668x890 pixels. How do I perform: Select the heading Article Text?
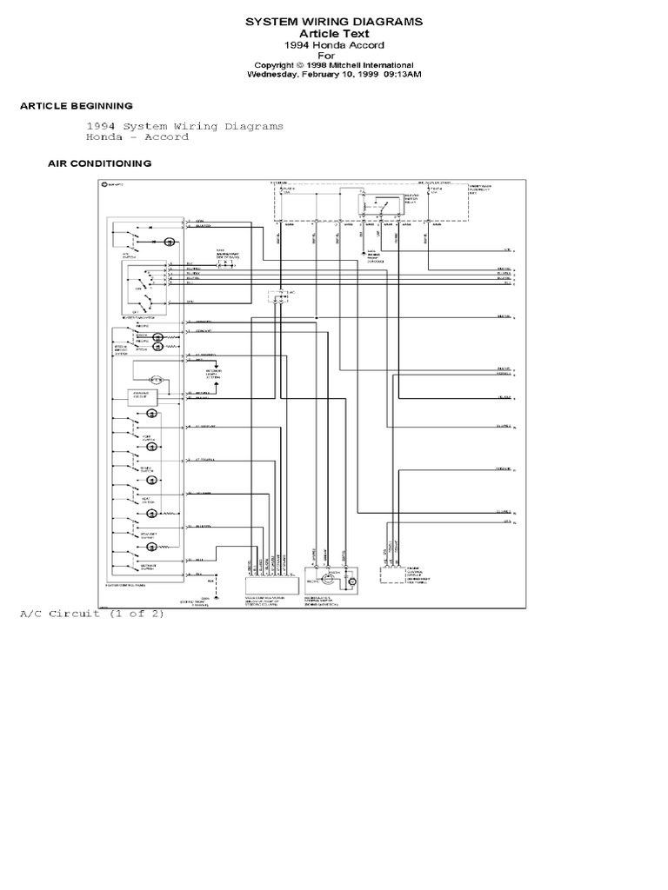[x=334, y=33]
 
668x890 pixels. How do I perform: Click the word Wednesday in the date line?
[x=276, y=75]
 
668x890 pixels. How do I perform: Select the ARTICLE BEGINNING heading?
[x=77, y=105]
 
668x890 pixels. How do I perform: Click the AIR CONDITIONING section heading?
[x=99, y=163]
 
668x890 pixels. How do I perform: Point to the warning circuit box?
[x=144, y=396]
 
